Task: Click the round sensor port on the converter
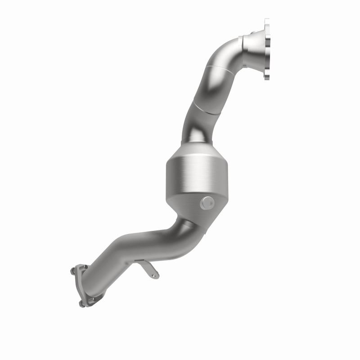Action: [x=207, y=203]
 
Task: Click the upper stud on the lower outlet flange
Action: [x=73, y=271]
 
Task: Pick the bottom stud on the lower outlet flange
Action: [x=81, y=304]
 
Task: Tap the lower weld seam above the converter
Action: [x=198, y=111]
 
